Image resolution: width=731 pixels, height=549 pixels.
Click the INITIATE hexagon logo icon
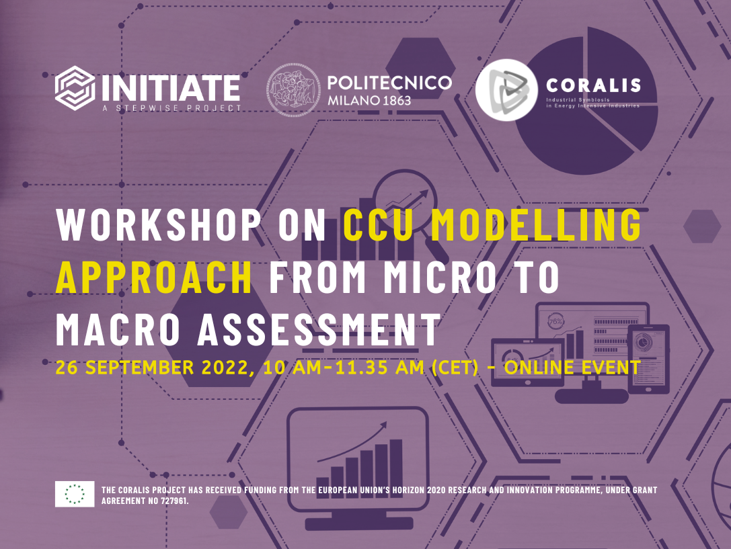75,88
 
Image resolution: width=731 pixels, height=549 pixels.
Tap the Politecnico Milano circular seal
293,90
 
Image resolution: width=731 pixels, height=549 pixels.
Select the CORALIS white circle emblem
507,90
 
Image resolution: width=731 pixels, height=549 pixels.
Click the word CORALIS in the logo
593,85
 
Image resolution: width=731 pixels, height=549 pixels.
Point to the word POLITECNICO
390,83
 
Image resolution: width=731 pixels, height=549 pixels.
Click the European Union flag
75,494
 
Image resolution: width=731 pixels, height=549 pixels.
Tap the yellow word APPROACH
154,278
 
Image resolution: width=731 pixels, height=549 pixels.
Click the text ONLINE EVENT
572,368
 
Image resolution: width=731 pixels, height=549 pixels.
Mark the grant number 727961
174,501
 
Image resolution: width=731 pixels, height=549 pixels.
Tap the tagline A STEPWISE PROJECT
171,108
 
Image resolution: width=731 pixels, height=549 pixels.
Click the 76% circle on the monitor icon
555,321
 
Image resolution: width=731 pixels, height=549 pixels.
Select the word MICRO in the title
440,278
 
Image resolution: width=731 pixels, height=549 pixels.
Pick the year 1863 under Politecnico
397,101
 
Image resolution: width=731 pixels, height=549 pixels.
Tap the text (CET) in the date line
455,368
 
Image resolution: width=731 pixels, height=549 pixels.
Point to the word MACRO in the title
118,330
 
